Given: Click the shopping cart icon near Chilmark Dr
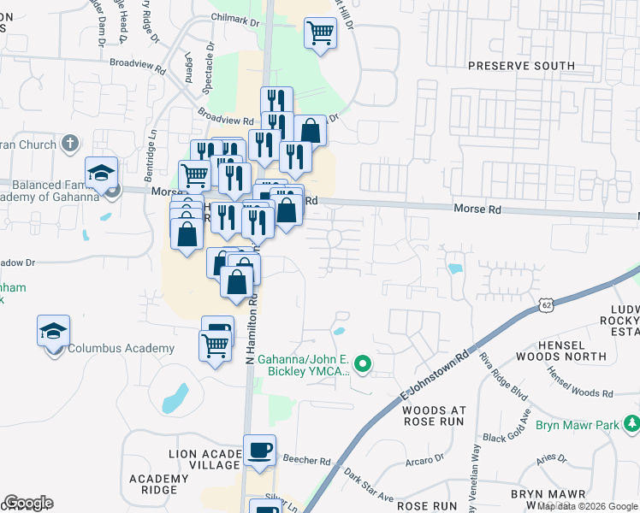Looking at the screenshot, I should tap(320, 33).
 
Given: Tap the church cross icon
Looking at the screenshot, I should tap(71, 143).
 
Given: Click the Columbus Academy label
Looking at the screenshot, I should tap(121, 348).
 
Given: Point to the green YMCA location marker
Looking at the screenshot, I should tap(362, 365).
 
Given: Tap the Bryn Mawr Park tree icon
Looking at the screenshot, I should tap(631, 423).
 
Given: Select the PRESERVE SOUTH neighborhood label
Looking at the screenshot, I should tap(521, 66).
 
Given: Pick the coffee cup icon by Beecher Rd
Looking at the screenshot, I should tap(259, 450).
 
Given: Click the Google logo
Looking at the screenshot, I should tap(28, 502).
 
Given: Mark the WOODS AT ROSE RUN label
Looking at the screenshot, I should tap(432, 416).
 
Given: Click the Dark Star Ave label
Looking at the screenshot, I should tap(369, 484).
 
